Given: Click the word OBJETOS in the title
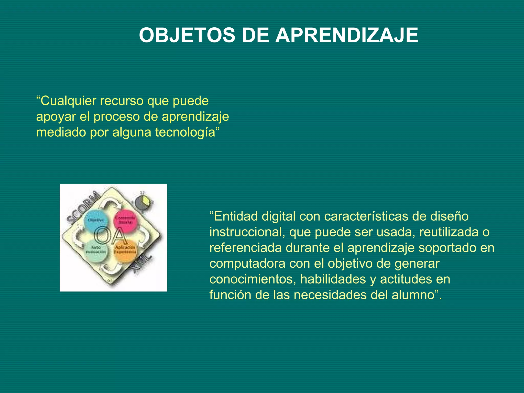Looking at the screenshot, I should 187,35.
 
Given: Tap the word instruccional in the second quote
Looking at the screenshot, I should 247,232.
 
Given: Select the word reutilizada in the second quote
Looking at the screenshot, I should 449,232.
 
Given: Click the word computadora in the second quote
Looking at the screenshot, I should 247,264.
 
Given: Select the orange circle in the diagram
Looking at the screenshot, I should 125,251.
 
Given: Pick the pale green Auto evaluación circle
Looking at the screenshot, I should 96,251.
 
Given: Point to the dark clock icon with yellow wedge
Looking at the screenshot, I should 143,202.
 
